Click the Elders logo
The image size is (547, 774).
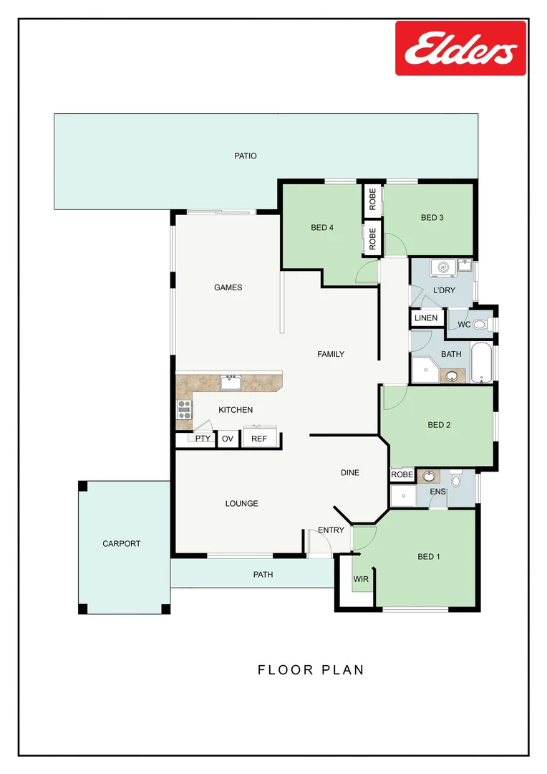(x=460, y=48)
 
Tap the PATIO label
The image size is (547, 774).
(x=245, y=156)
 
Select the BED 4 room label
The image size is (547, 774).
(x=321, y=228)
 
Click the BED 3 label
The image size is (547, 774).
(x=432, y=218)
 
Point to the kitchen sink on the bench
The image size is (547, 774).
(x=231, y=382)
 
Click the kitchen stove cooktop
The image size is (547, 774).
(x=185, y=410)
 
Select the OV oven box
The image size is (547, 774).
(x=228, y=439)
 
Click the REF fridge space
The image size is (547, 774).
(x=258, y=439)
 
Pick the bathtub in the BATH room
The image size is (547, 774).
(x=480, y=363)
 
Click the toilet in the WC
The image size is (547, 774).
(x=480, y=325)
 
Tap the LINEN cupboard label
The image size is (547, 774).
(x=426, y=318)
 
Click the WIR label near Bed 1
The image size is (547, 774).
(x=361, y=579)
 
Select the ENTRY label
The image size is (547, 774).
(x=331, y=531)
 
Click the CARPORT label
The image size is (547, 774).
(x=122, y=544)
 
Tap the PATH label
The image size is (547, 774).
(x=263, y=575)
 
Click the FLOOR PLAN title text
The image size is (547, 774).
(x=311, y=670)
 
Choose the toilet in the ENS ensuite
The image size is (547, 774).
(x=455, y=478)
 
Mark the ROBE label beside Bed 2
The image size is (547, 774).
(x=402, y=475)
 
